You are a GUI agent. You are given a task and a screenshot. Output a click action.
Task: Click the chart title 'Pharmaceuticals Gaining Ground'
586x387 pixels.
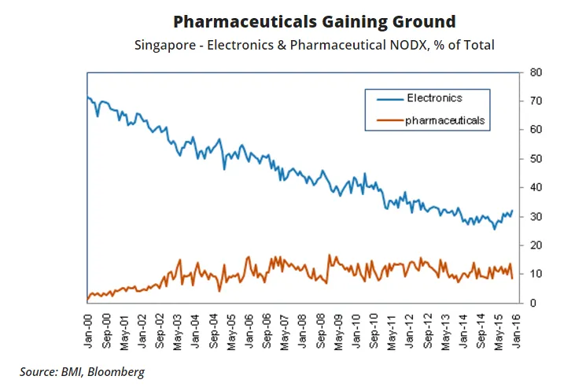314,21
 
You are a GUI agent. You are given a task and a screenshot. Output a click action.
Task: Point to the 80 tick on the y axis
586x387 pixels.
536,72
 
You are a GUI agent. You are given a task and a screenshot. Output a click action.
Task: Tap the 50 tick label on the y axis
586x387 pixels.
536,159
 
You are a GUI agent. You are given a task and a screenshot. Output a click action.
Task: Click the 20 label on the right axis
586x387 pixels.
536,245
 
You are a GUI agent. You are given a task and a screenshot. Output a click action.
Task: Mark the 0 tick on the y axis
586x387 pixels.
533,303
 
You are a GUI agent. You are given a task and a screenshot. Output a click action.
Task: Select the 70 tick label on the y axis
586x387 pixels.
536,101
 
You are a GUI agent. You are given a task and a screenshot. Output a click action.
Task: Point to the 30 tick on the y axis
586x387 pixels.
536,216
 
